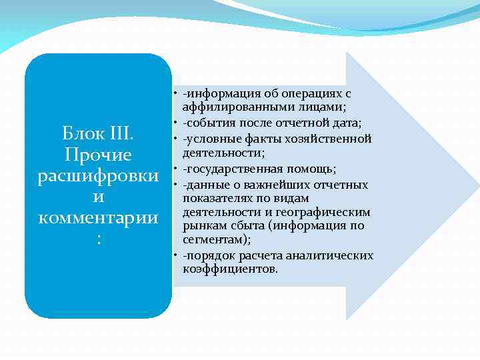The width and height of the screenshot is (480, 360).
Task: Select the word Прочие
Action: pos(98,155)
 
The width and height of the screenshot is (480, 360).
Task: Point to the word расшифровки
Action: pos(98,177)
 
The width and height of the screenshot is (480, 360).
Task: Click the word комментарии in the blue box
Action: pos(98,219)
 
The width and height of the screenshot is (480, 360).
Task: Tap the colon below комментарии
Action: pos(98,239)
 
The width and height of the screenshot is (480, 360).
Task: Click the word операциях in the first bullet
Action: pos(308,94)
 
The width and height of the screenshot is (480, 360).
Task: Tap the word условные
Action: pos(211,139)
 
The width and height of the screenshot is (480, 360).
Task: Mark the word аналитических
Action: pos(329,255)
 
